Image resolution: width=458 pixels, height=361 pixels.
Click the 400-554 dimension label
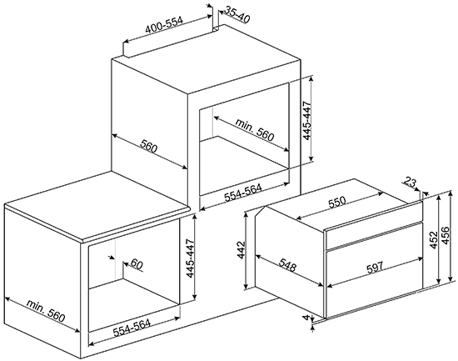pyautogui.click(x=164, y=24)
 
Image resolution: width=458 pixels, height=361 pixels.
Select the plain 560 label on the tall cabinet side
pyautogui.click(x=149, y=146)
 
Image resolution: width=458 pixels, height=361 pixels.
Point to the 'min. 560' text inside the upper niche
pyautogui.click(x=255, y=130)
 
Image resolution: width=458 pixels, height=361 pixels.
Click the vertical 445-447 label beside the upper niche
pyautogui.click(x=307, y=121)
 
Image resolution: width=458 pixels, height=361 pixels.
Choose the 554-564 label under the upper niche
pyautogui.click(x=243, y=193)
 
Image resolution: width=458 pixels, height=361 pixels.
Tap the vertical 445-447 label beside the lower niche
pyautogui.click(x=190, y=258)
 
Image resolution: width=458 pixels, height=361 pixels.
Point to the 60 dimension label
pyautogui.click(x=136, y=264)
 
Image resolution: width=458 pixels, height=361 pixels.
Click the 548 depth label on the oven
pyautogui.click(x=287, y=264)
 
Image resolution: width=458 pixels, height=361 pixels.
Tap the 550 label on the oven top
pyautogui.click(x=336, y=202)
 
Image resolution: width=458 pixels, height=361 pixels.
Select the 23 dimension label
pyautogui.click(x=410, y=183)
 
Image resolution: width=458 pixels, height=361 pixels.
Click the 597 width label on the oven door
pyautogui.click(x=375, y=268)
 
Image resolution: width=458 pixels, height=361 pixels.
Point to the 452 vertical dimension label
pyautogui.click(x=434, y=240)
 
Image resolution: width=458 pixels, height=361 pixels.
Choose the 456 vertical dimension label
pyautogui.click(x=446, y=235)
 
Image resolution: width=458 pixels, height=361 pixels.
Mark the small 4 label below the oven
pyautogui.click(x=306, y=318)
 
